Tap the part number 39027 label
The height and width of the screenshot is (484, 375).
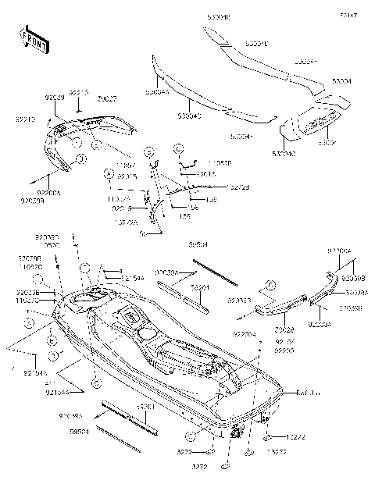107,98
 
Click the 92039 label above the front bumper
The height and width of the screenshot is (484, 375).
55,98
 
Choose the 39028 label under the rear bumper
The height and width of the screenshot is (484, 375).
284,319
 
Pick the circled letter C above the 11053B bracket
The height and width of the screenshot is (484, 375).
179,148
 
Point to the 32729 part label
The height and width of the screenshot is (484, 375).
262,187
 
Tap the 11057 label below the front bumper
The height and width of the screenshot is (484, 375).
125,166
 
